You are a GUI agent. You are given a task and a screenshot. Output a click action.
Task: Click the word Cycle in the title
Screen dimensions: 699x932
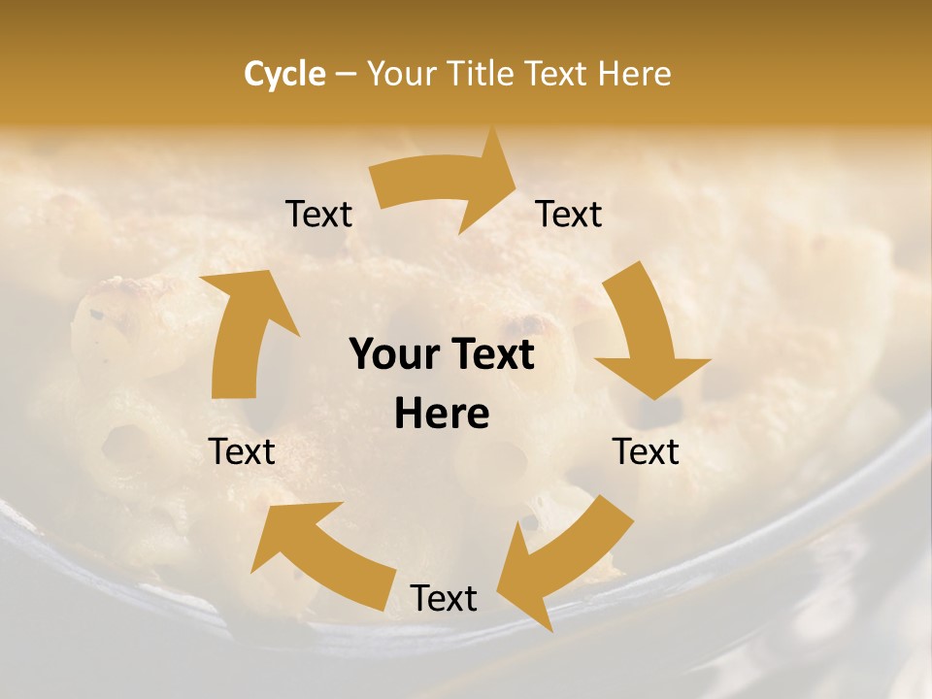(x=284, y=74)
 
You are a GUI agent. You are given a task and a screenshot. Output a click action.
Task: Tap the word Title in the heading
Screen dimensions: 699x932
(x=483, y=74)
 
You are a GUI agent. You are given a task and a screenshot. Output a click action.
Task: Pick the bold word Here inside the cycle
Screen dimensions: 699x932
(x=442, y=415)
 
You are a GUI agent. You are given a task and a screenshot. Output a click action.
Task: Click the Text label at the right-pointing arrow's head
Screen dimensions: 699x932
(x=569, y=215)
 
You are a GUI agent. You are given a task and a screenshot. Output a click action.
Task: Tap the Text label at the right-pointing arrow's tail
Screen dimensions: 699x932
(x=319, y=215)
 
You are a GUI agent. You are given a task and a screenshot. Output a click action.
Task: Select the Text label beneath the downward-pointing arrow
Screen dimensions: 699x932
(x=646, y=451)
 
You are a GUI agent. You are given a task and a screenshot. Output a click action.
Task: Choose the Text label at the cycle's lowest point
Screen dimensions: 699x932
(x=444, y=599)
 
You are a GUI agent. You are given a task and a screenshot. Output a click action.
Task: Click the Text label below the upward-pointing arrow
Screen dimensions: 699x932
(x=242, y=451)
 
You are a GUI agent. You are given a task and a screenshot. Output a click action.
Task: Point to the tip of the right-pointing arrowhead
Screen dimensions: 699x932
(x=516, y=175)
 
